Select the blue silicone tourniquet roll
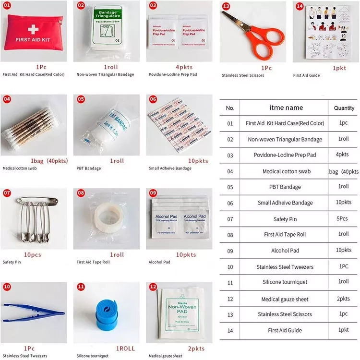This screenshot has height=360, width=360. tap(104, 312)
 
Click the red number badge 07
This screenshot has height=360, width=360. tap(7, 193)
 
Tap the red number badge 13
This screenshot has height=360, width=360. tap(226, 6)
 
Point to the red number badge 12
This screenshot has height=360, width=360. tap(153, 287)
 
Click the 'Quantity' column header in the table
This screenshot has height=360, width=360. tap(344, 108)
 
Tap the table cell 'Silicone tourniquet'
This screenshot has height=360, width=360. tap(285, 282)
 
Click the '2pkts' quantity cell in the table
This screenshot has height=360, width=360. tap(344, 299)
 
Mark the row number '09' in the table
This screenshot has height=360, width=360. tap(230, 251)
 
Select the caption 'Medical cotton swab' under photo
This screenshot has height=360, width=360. tap(20, 168)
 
